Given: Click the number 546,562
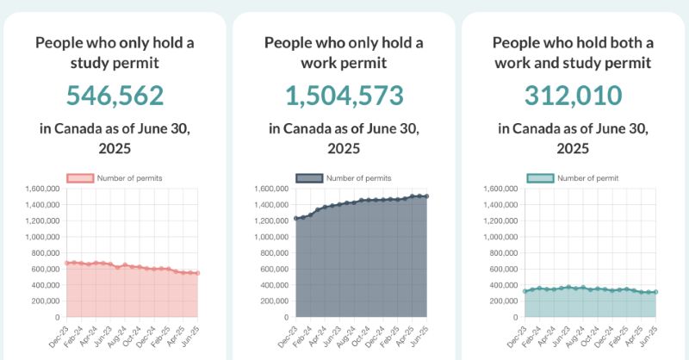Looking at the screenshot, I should click(115, 96).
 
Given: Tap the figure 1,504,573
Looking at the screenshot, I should click(344, 96).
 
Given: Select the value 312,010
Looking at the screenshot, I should click(573, 96).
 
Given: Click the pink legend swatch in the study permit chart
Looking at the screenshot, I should click(80, 178).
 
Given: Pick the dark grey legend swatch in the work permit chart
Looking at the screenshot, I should click(309, 178).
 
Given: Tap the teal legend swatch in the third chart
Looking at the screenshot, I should click(539, 178).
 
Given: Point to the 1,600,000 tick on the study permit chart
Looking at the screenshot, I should click(40, 189).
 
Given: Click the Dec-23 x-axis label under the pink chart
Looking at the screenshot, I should click(58, 334).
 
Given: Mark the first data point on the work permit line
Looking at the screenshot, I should click(296, 219).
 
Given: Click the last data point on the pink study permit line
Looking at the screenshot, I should click(198, 273).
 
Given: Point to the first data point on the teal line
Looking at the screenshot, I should click(525, 291).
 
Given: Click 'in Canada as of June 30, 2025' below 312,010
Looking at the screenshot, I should click(573, 138).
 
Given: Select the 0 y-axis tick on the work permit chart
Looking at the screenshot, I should click(285, 317).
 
